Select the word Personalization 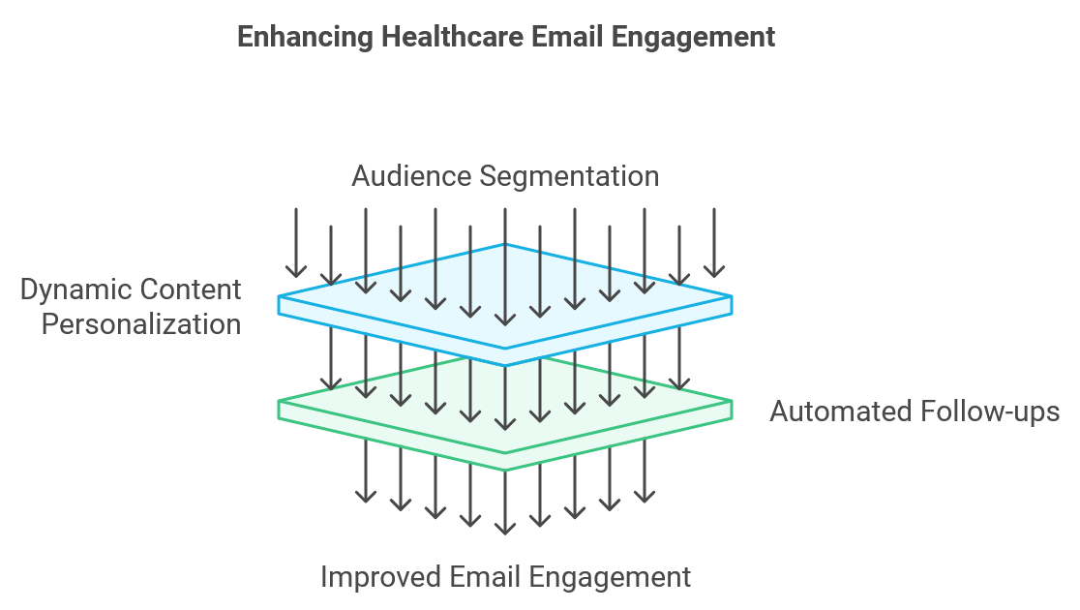tap(141, 323)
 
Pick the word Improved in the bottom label tap(381, 577)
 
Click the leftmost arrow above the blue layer tap(296, 242)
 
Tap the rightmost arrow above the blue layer tap(714, 242)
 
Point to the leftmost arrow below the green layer tap(366, 470)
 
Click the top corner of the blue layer tap(505, 245)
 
